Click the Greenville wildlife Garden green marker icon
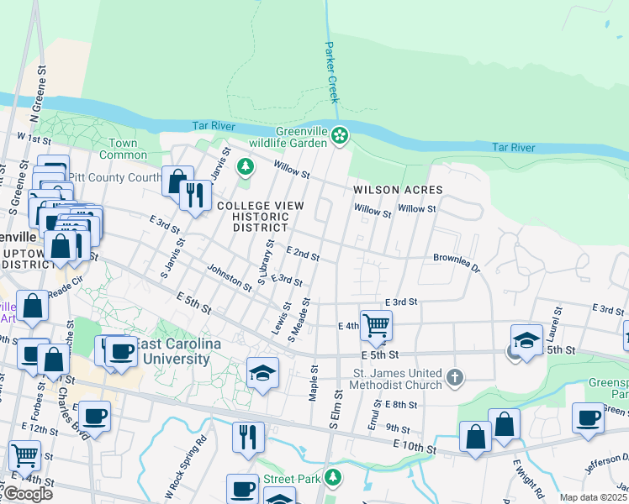click(x=340, y=135)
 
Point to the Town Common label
click(x=123, y=149)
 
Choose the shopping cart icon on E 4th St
click(x=376, y=324)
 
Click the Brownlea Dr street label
click(x=456, y=262)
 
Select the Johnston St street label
click(x=230, y=278)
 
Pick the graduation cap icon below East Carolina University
click(x=262, y=371)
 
